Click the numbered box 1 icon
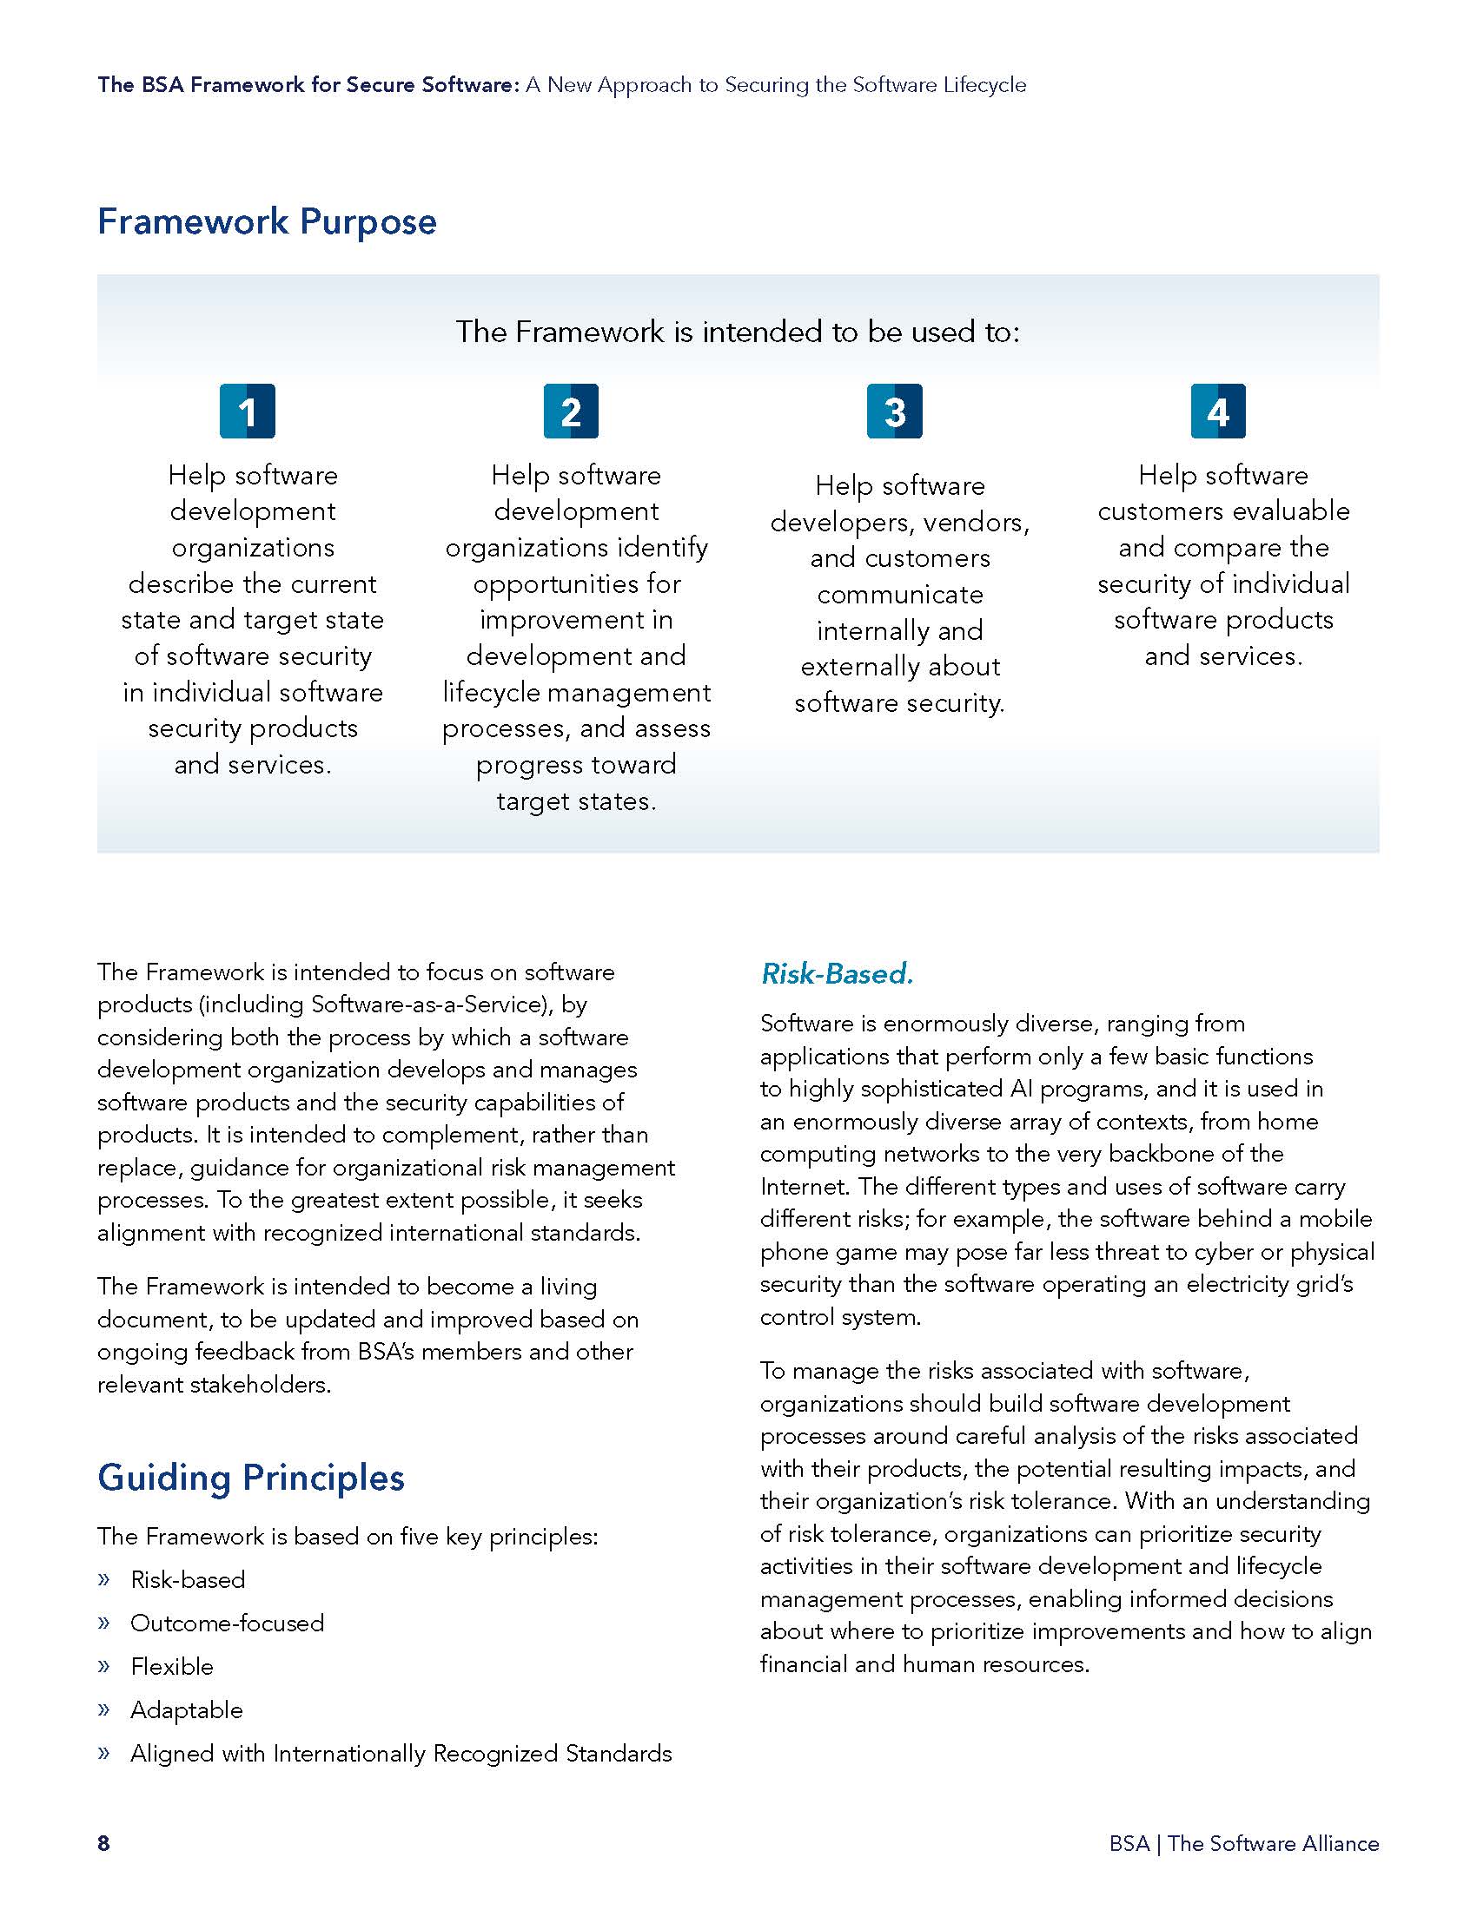point(247,411)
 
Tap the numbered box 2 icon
point(571,411)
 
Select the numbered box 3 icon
point(894,411)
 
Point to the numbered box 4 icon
point(1218,411)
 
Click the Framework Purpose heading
point(267,221)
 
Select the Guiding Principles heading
point(251,1477)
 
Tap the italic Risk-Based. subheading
point(837,973)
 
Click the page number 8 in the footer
point(103,1842)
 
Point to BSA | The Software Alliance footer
point(1243,1842)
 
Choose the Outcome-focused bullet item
point(227,1623)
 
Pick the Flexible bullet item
point(171,1666)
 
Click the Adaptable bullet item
point(187,1709)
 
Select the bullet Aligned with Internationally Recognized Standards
point(401,1754)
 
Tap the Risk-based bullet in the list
point(188,1579)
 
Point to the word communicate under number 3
point(899,595)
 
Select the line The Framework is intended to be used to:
point(738,332)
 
